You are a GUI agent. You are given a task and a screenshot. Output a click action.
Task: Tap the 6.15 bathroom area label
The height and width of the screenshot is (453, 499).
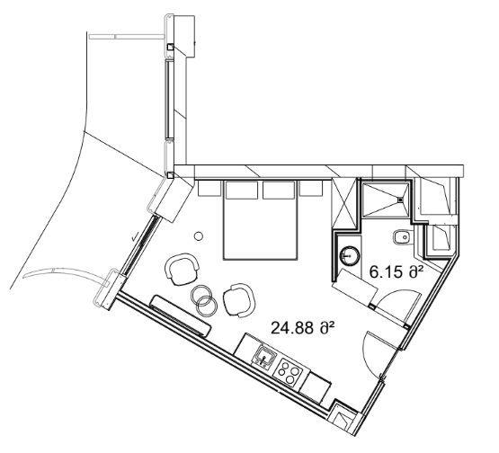tap(396, 268)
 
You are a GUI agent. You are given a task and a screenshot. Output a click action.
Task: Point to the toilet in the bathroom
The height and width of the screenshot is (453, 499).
tap(400, 237)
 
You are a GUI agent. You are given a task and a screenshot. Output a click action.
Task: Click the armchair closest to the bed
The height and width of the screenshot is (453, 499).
tap(183, 268)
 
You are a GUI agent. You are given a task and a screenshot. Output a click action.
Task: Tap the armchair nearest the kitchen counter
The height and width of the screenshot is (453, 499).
tap(239, 300)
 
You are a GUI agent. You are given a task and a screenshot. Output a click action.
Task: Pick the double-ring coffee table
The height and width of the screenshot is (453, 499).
tap(203, 301)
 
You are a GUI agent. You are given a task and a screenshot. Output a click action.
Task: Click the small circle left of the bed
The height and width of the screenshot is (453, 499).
tap(200, 235)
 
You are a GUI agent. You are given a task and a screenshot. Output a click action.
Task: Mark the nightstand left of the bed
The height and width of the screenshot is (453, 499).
tap(209, 189)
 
